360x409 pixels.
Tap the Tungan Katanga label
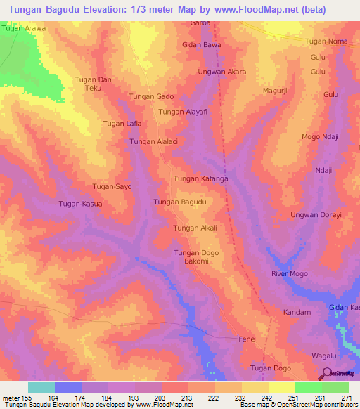point(201,179)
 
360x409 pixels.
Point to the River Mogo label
point(290,273)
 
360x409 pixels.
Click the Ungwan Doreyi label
point(315,214)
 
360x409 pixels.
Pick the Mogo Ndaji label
point(320,136)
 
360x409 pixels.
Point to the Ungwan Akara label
point(222,72)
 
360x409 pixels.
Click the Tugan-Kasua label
point(80,204)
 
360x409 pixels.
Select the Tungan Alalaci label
point(152,142)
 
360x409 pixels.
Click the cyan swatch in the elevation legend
point(41,387)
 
